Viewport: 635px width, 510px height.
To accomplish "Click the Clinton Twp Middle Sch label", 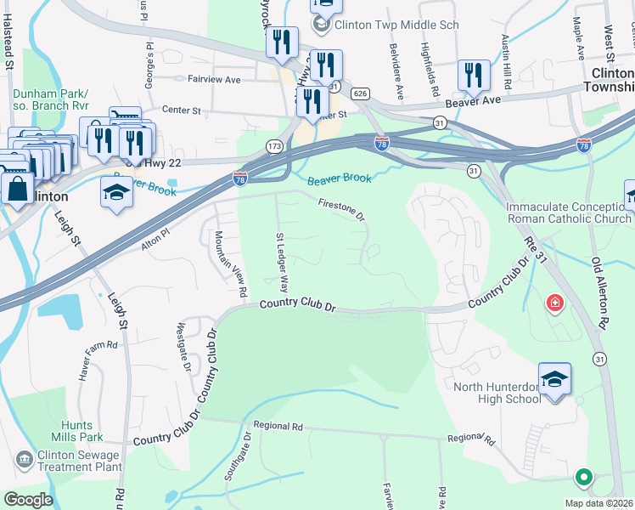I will coord(396,25).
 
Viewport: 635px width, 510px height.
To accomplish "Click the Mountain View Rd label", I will coord(230,263).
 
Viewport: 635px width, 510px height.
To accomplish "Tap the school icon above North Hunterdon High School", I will coord(554,379).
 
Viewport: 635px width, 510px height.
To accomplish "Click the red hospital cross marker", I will coord(555,303).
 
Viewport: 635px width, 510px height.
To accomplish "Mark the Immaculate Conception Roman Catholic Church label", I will coord(569,213).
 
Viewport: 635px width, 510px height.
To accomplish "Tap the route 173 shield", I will coord(274,146).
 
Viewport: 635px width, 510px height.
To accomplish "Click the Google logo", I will coord(29,500).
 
